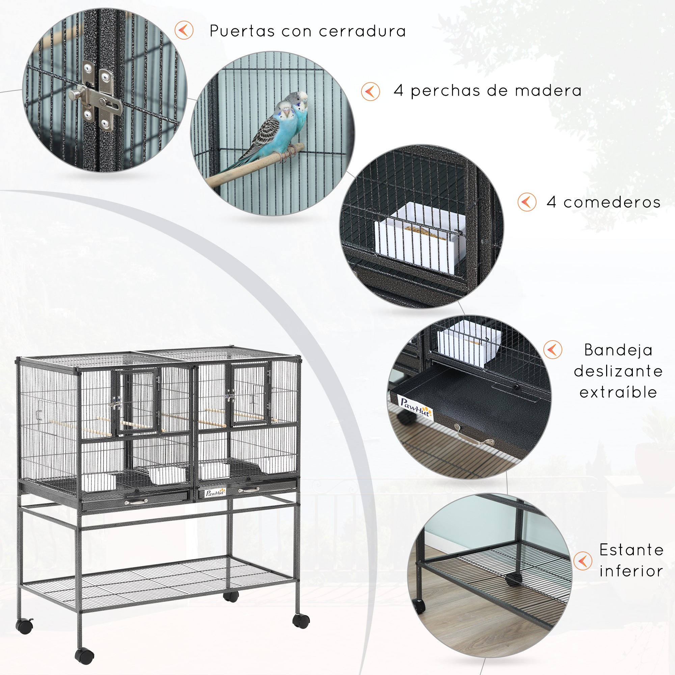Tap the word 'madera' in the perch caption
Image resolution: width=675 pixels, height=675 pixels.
tap(548, 90)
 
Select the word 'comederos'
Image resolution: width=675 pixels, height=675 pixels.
tap(612, 202)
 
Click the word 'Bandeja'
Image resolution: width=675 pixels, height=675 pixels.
tap(618, 350)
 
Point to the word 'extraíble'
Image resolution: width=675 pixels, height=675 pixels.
tap(618, 393)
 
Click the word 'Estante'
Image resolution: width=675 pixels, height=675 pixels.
tap(631, 550)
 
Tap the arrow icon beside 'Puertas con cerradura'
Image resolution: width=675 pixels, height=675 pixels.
tap(184, 30)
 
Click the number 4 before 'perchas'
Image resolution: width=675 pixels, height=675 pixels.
tap(398, 90)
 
